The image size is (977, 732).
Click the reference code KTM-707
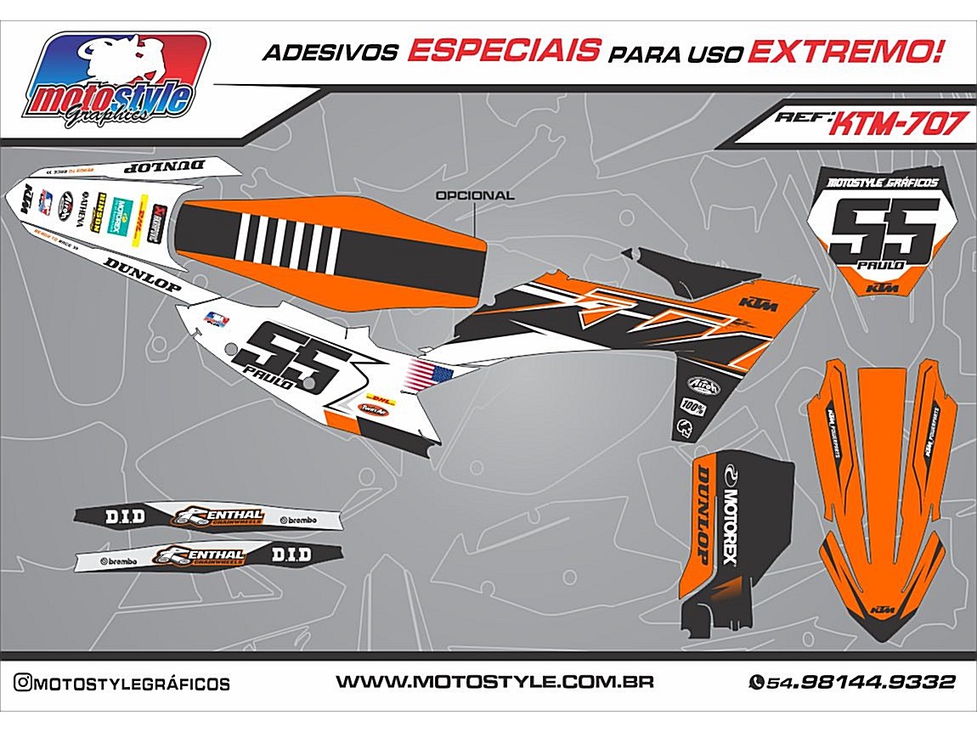895,125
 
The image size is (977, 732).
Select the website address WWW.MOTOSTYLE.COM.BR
494,682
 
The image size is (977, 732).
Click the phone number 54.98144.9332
852,682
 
